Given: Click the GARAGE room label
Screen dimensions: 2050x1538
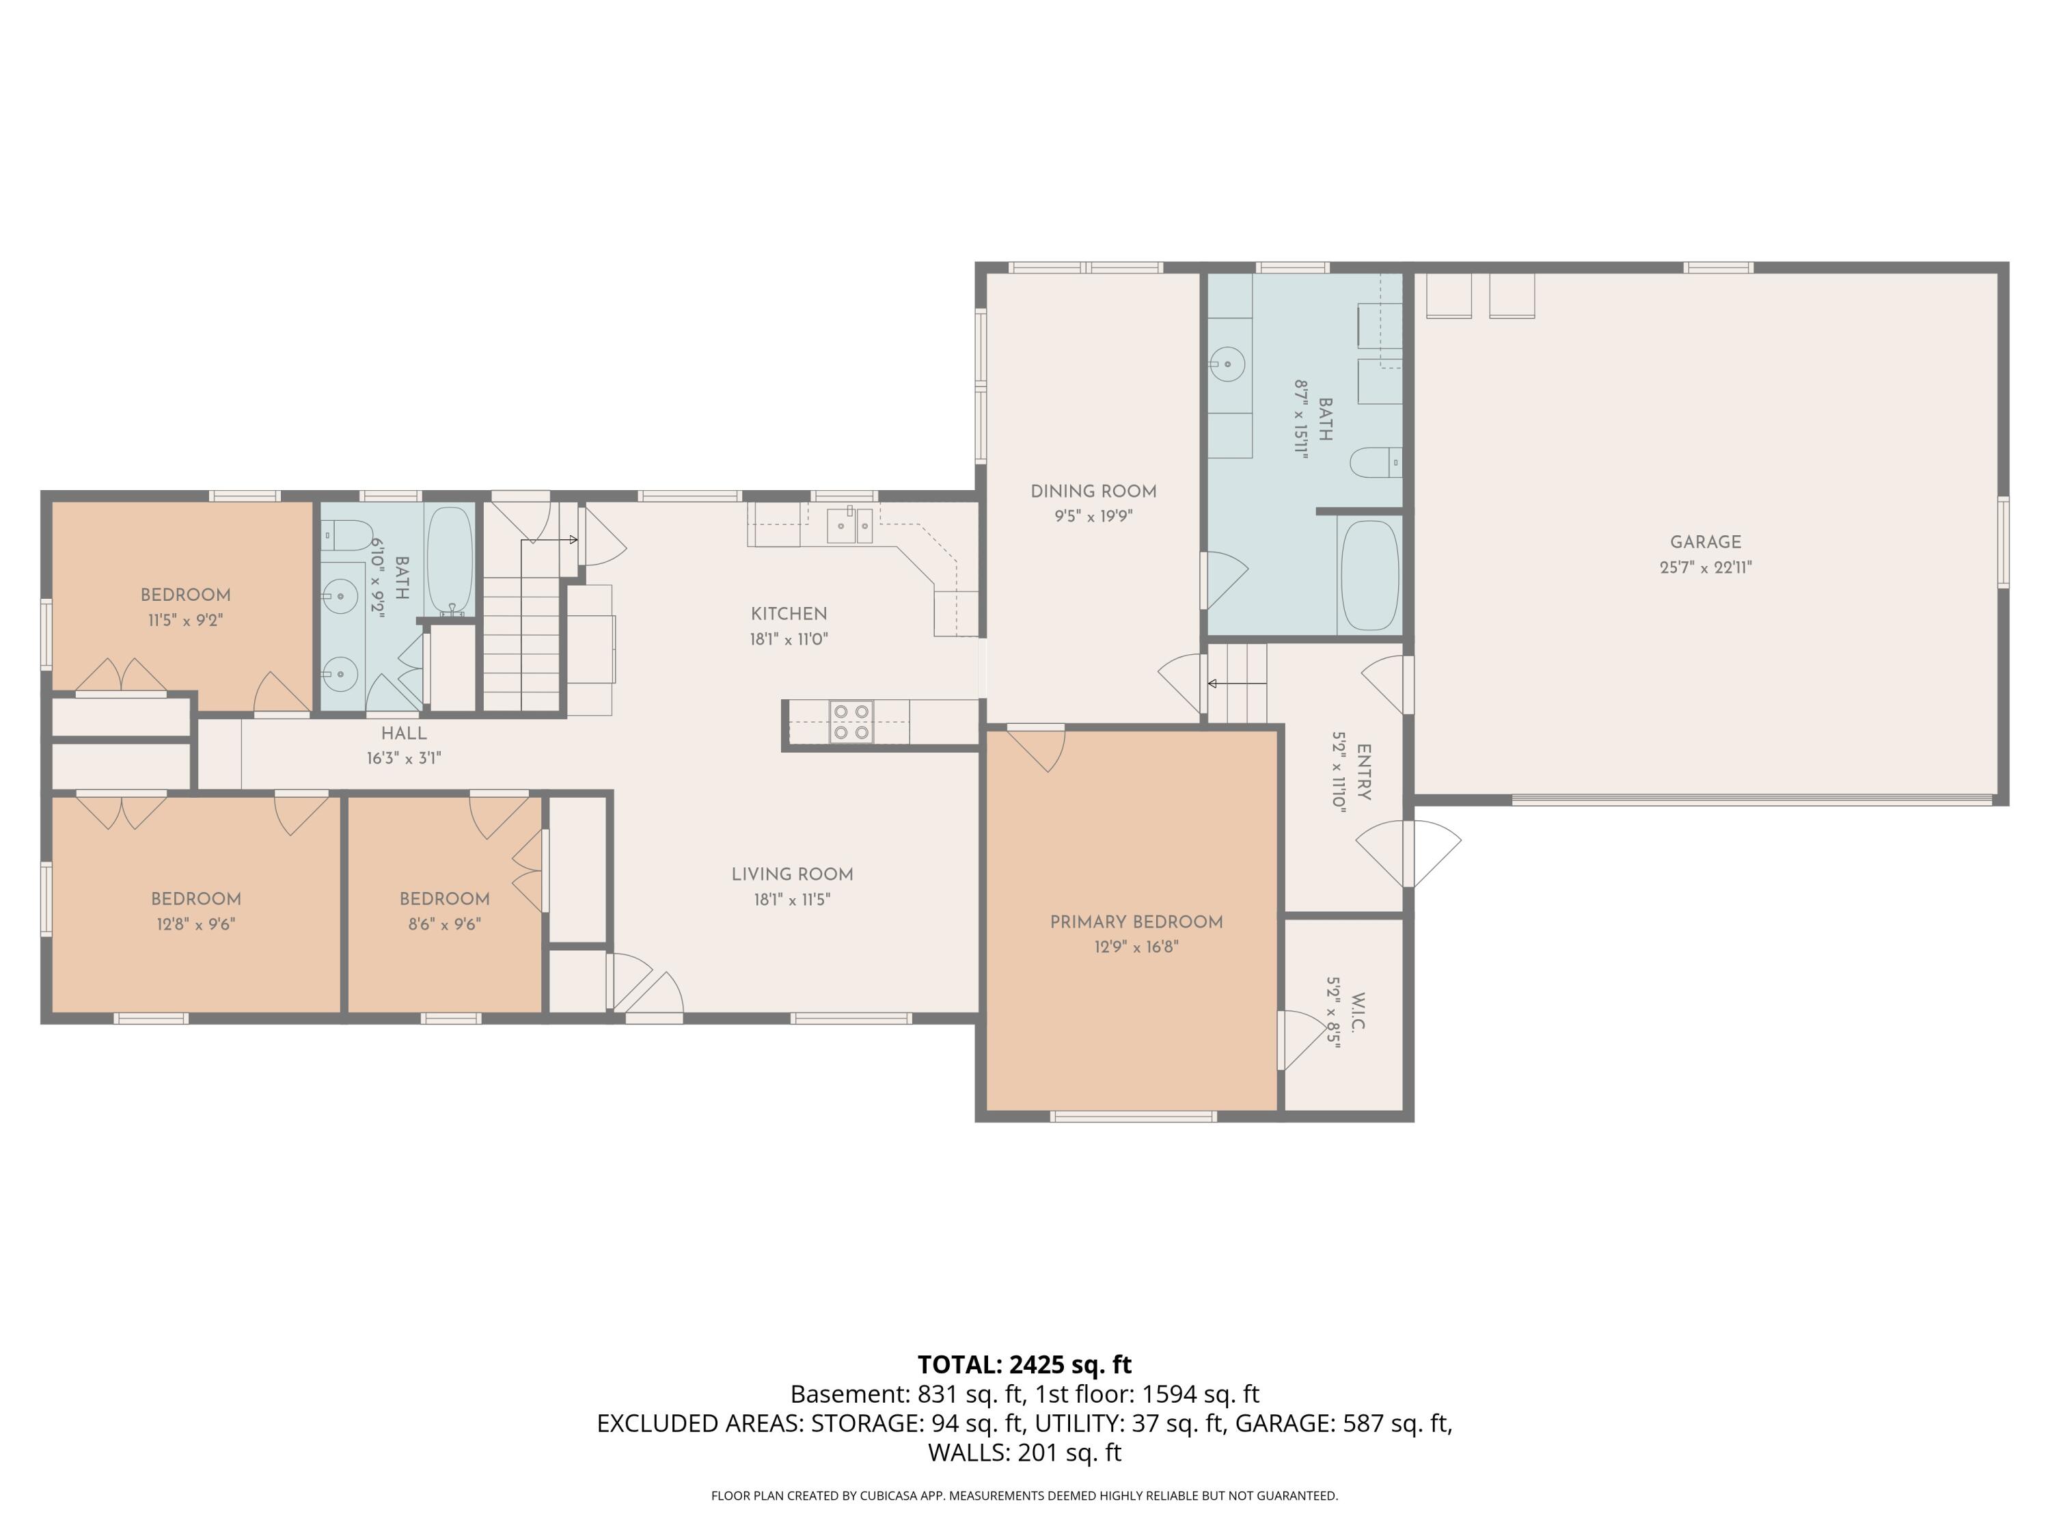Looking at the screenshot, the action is pos(1705,542).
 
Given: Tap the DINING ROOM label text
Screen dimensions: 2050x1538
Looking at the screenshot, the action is pos(1093,491).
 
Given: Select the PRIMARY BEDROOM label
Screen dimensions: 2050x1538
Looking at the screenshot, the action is pos(1136,921).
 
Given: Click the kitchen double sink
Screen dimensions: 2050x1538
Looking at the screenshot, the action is pos(850,526).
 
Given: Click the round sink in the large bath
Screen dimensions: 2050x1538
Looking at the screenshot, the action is pos(1228,364).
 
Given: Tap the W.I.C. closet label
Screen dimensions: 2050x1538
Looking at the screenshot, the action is pos(1358,1012).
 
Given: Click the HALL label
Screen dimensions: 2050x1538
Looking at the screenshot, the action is pos(403,733).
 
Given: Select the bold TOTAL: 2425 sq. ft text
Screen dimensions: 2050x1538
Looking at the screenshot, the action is pos(1024,1364).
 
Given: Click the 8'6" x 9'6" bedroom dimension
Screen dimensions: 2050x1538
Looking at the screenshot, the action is pos(444,924).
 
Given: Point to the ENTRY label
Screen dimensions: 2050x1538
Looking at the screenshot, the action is pos(1363,771).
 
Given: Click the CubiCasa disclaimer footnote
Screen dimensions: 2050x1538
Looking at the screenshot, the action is pos(1024,1496).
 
